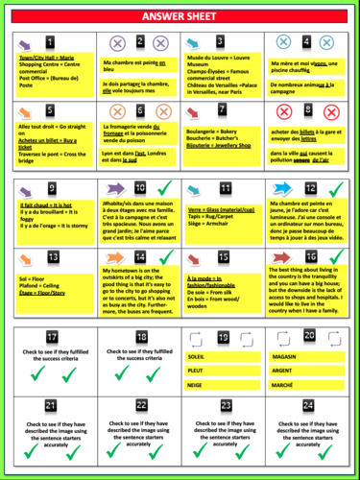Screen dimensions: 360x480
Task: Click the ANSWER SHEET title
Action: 180,16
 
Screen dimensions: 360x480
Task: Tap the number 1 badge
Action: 51,43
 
